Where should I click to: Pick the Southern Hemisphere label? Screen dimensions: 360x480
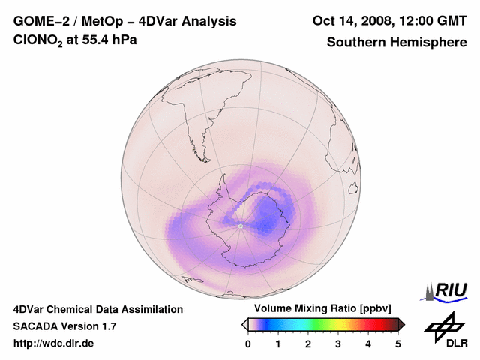397,42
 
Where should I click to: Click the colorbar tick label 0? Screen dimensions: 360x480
248,343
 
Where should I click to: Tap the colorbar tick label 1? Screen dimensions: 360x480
278,343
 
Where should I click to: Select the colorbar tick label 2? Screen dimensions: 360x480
308,343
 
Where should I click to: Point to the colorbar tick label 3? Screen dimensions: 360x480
338,343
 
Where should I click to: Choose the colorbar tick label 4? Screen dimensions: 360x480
368,343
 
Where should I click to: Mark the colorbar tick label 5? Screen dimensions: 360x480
398,343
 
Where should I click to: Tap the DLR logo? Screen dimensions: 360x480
445,330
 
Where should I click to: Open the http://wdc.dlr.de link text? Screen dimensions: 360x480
54,343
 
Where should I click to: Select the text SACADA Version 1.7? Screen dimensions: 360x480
64,326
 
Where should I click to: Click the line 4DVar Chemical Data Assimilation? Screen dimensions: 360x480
97,309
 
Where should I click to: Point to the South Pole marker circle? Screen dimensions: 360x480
240,226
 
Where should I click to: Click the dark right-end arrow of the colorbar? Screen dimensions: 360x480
401,324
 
